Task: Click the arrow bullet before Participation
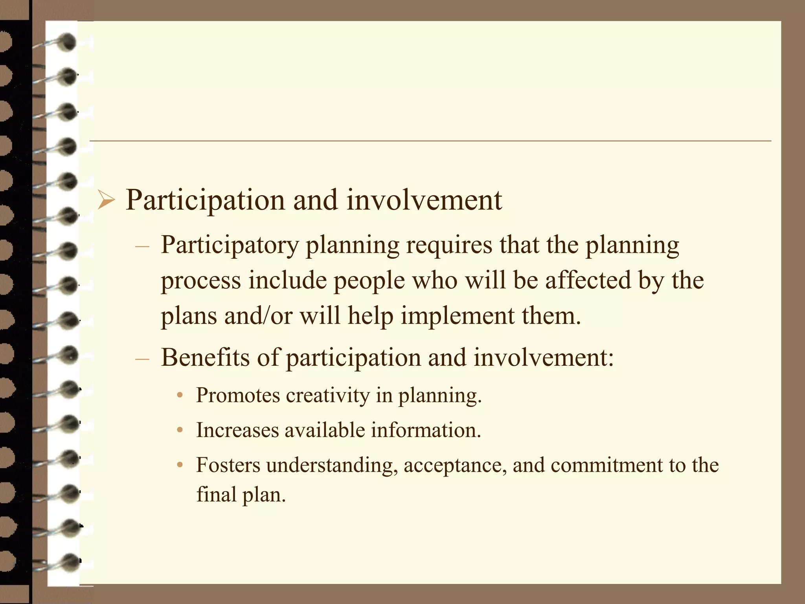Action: click(106, 201)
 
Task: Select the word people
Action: click(369, 281)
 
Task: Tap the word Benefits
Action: click(205, 358)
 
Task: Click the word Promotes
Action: click(238, 395)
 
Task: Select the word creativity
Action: click(328, 395)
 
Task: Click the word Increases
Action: click(237, 430)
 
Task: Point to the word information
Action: click(426, 430)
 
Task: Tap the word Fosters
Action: click(228, 465)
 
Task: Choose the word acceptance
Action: click(455, 465)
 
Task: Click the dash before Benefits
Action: click(142, 359)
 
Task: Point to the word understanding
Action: click(331, 465)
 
